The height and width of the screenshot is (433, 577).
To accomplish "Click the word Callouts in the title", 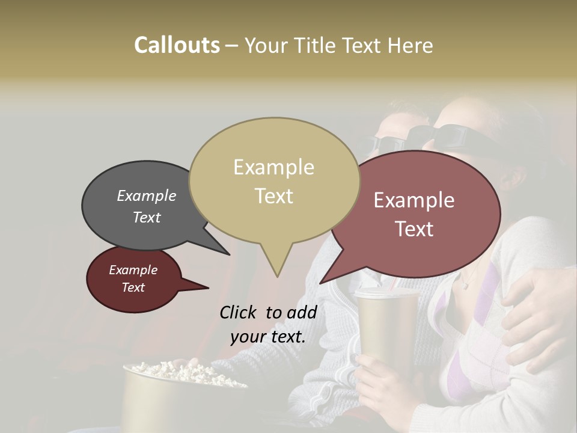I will coord(177,45).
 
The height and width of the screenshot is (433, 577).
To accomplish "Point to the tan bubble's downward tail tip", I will coord(277,276).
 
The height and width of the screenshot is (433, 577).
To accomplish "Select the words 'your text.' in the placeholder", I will coord(268,337).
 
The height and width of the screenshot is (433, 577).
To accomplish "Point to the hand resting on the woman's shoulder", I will coord(535,313).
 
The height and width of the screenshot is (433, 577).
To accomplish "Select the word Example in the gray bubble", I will coord(146,195).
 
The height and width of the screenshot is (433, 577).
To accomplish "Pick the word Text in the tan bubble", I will coord(273,195).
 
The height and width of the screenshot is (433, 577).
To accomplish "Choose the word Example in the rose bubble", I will coord(414,200).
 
